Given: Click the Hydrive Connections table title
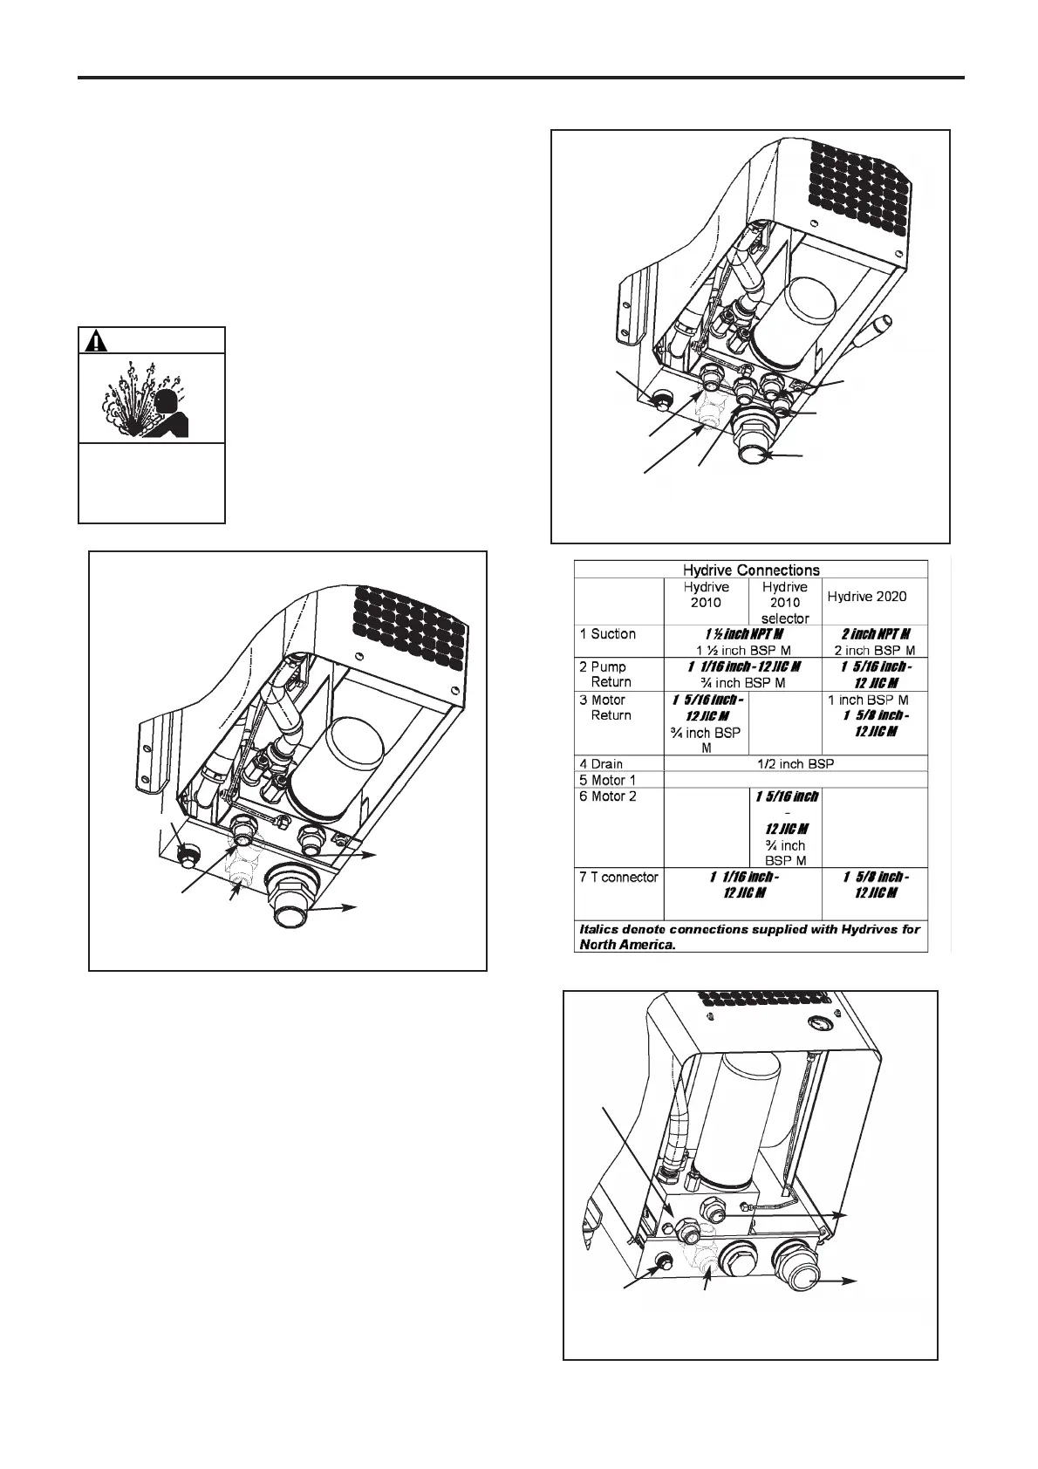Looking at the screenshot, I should tap(750, 570).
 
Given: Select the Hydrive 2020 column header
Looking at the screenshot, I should tap(866, 597).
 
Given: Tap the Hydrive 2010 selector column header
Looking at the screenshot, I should tap(784, 603).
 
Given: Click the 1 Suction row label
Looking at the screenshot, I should tap(607, 634).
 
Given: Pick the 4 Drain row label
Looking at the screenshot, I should tap(602, 764).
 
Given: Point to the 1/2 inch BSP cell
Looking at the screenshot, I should tap(794, 764).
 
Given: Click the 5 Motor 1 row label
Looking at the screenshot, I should tap(608, 779).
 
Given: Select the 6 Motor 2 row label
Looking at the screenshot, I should tap(608, 796).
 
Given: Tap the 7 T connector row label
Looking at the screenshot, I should tap(619, 877).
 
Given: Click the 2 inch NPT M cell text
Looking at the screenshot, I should tap(876, 634).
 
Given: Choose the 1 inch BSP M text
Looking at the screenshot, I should tap(868, 700).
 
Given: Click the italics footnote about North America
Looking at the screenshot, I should tap(750, 937).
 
